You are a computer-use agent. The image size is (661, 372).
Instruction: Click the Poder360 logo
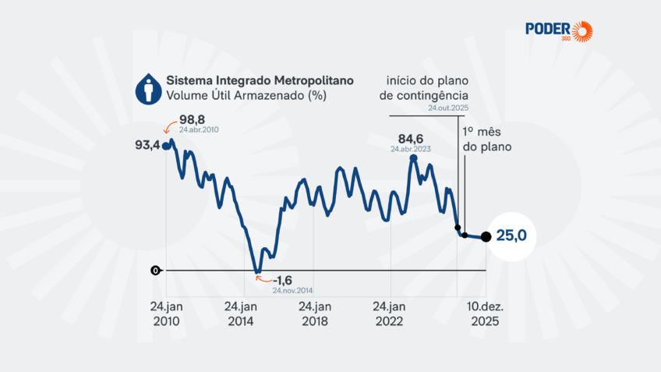point(558,31)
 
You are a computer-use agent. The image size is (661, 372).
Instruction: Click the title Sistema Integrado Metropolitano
point(260,80)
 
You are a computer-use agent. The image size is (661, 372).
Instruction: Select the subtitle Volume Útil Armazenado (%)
point(246,96)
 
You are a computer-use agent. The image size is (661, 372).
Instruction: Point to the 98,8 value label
point(192,119)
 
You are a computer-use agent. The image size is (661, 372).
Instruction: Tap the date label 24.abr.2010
point(200,130)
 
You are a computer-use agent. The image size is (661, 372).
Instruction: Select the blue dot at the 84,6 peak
point(413,159)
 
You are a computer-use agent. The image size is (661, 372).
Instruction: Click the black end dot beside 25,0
point(486,237)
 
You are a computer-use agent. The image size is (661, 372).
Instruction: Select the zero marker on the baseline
point(156,271)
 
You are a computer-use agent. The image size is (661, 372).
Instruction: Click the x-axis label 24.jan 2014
point(241,314)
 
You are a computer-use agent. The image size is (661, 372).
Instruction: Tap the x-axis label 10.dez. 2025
point(486,314)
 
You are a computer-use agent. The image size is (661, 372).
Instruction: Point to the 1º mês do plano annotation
point(486,138)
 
